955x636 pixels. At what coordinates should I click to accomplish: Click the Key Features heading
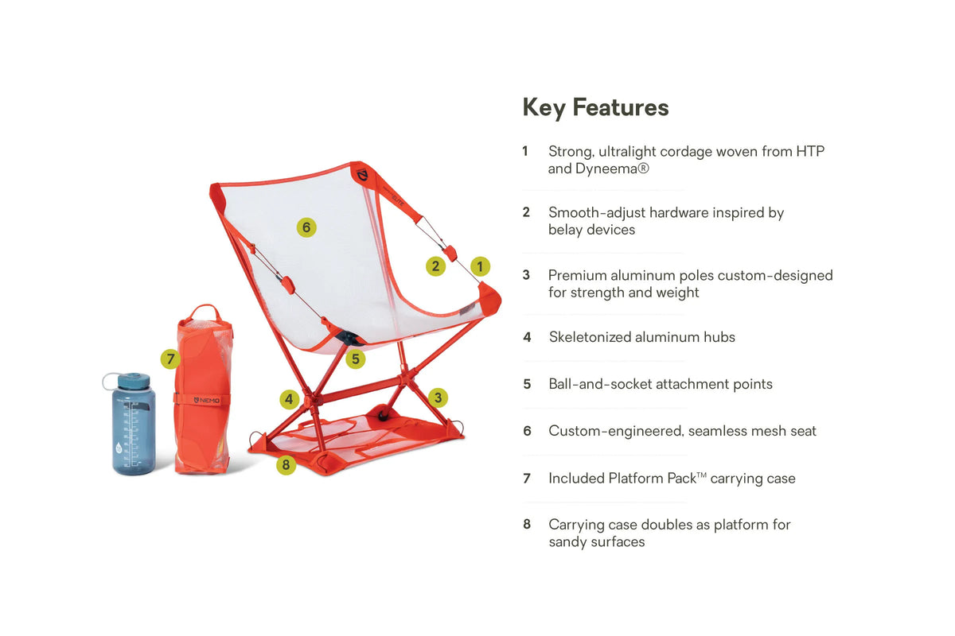point(595,107)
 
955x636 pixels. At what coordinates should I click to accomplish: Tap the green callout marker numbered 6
point(306,227)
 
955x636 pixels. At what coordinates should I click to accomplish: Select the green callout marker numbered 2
point(435,266)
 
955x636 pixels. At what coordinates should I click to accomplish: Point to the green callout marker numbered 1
point(480,266)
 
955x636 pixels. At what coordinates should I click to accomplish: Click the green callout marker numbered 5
point(356,359)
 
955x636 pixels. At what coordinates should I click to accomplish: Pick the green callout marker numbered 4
point(289,399)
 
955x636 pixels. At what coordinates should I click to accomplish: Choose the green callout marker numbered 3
point(438,397)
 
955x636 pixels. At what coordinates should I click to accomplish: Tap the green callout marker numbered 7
point(170,359)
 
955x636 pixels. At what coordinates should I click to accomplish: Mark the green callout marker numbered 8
point(286,465)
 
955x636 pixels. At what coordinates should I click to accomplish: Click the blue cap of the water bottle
point(134,381)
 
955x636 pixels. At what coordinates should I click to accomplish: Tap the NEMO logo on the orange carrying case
point(207,401)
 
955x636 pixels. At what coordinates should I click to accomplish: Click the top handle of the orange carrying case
point(205,311)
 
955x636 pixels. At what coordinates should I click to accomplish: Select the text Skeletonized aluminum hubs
point(642,337)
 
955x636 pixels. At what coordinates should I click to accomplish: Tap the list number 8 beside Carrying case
point(527,524)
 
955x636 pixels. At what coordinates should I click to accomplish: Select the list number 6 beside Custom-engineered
point(528,431)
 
